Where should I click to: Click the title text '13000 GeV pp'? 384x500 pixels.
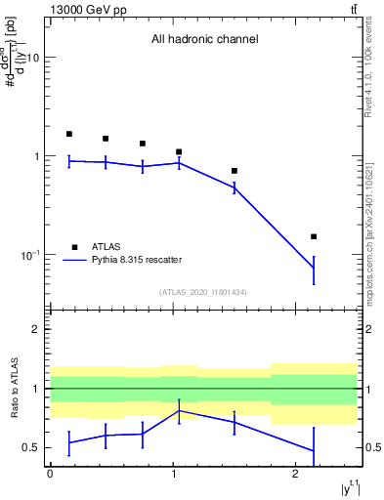(x=81, y=10)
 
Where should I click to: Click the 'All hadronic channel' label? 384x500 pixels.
(x=204, y=40)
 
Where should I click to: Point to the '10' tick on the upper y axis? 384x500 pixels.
(x=32, y=58)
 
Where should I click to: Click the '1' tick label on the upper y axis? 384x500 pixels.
(x=36, y=156)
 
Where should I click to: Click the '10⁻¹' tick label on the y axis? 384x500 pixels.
(x=28, y=255)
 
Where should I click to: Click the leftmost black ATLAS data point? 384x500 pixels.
(x=68, y=134)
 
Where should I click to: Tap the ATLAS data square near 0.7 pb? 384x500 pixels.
(x=235, y=171)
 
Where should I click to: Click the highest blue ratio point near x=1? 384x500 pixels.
(x=179, y=411)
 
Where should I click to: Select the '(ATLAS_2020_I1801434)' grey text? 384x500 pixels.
(x=204, y=292)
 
